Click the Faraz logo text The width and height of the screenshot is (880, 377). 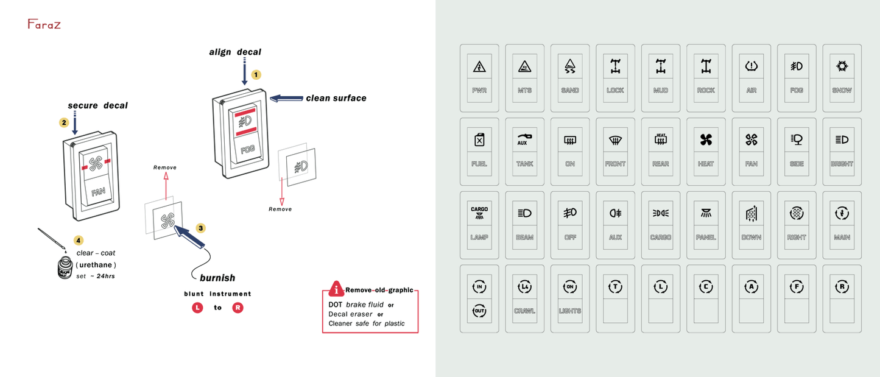click(44, 24)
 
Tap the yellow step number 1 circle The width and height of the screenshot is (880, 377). click(256, 74)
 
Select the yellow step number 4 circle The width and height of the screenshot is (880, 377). click(78, 241)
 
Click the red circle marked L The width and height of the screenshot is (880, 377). click(197, 308)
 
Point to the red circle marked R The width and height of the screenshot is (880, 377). click(238, 308)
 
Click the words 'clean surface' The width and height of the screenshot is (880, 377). click(336, 98)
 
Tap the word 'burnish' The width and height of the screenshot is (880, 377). click(217, 278)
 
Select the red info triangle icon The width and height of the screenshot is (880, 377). click(335, 289)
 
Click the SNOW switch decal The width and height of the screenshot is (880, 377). click(842, 78)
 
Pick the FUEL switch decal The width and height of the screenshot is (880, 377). click(479, 152)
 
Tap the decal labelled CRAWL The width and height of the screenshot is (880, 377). click(524, 298)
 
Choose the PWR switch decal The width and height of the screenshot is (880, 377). click(479, 78)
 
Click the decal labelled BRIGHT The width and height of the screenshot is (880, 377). click(842, 152)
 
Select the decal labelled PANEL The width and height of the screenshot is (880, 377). click(706, 225)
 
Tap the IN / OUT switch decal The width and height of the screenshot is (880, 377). click(479, 298)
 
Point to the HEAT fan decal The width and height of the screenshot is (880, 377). click(706, 152)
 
